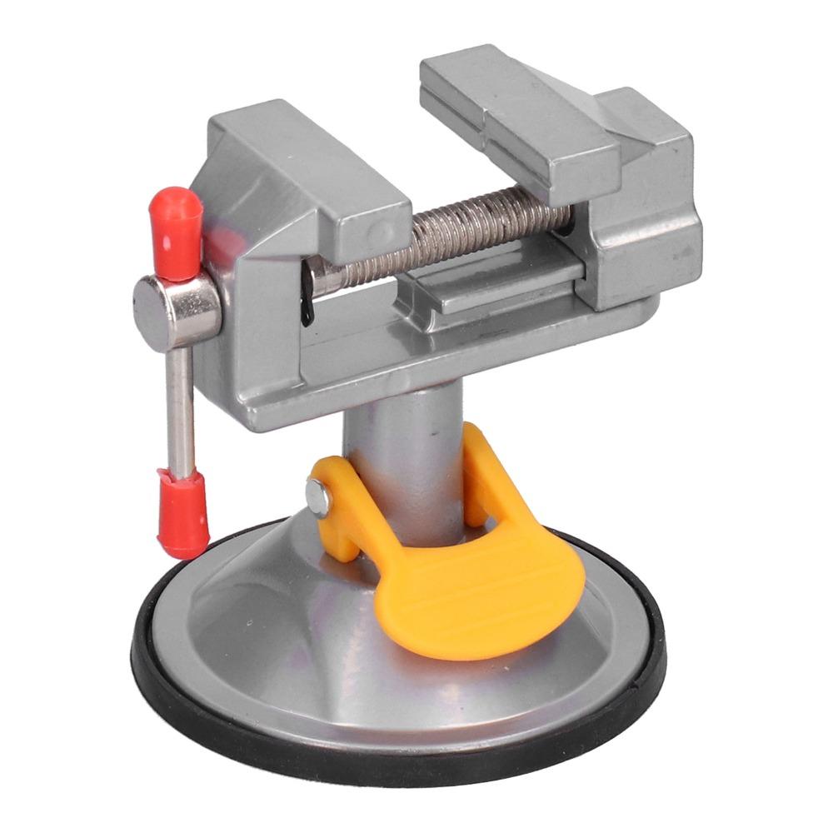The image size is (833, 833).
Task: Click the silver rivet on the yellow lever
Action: [317, 497]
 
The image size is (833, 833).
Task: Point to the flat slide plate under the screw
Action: [500, 283]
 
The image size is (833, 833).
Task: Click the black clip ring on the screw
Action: [307, 296]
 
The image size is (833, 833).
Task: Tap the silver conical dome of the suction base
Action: [275, 633]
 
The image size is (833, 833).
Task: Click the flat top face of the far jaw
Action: [516, 100]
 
